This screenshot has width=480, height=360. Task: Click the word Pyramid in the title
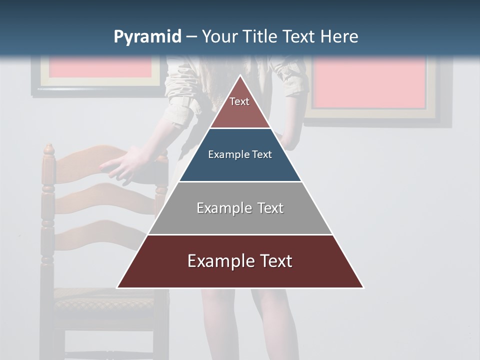coord(147,37)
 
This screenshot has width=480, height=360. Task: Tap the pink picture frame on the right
coord(370,82)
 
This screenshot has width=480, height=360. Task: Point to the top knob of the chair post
coord(48,148)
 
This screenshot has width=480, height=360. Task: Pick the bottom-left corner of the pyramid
coord(117,287)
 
